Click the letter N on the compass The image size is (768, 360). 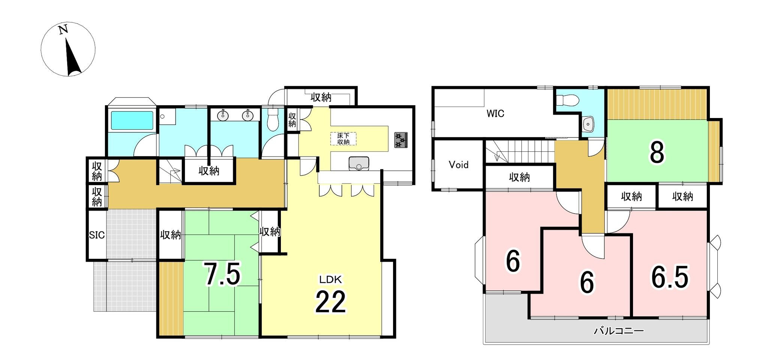click(63, 30)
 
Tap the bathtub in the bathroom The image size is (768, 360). click(132, 121)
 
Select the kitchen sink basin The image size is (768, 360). click(359, 163)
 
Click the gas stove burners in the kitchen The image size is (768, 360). click(400, 140)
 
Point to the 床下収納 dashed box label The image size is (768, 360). click(343, 139)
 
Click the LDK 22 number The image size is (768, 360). click(330, 302)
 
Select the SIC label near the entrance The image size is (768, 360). click(97, 235)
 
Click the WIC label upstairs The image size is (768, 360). click(495, 114)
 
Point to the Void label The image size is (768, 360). click(459, 164)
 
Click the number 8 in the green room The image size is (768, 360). click(657, 152)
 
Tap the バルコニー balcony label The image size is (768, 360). click(618, 331)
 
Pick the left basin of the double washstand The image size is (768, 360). click(223, 115)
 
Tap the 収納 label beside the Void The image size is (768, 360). click(519, 177)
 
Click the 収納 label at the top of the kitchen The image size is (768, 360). click(321, 97)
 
